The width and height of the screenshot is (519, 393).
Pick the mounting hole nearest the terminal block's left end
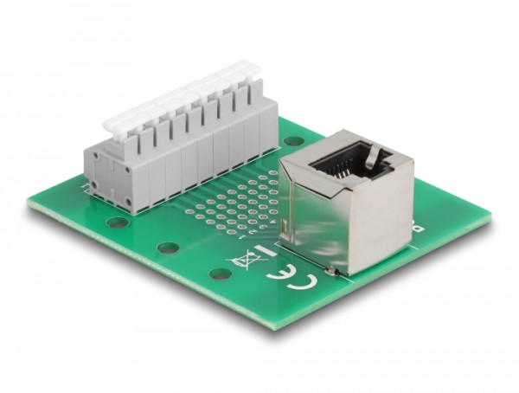117,222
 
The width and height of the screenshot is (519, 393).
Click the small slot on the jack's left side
285,226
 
